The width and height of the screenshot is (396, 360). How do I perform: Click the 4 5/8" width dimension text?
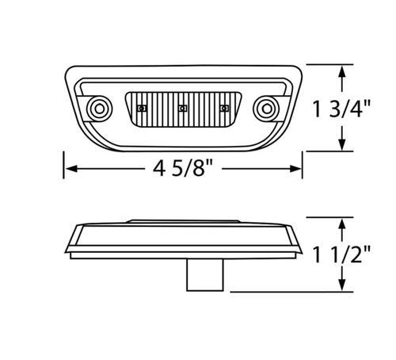point(182,168)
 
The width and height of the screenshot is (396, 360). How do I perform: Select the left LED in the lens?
point(143,107)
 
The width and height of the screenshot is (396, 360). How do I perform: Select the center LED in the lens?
point(183,107)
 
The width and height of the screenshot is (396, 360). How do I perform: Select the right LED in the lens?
point(224,107)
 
